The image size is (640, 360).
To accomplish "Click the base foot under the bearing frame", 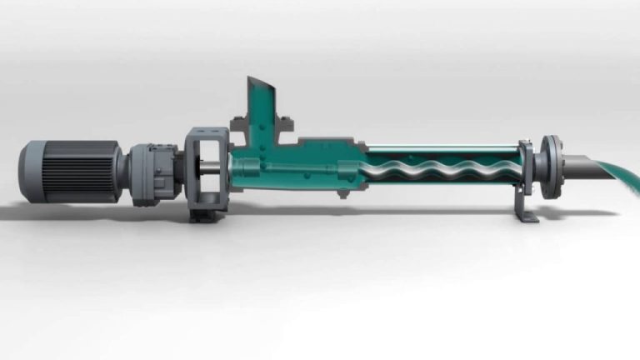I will click(x=203, y=215).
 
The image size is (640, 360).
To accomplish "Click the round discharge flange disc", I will click(x=549, y=167).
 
